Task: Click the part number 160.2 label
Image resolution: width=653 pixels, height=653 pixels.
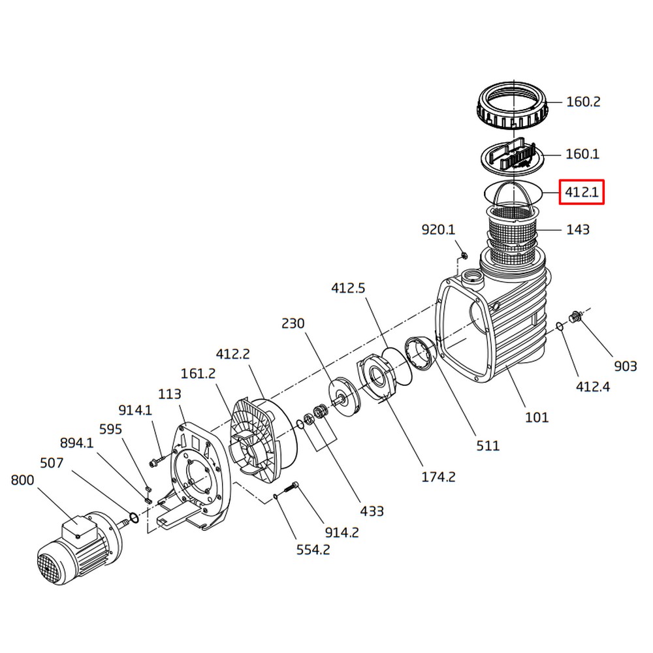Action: tap(582, 102)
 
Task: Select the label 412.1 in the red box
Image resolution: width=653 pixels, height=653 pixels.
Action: tap(581, 193)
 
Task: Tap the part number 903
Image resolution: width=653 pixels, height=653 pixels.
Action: tap(625, 366)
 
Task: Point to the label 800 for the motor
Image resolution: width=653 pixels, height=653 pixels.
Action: tap(23, 481)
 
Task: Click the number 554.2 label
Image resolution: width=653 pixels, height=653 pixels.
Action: tap(313, 550)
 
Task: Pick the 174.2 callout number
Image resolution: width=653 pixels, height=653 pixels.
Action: tap(438, 477)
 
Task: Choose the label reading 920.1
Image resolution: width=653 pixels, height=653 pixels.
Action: tap(438, 229)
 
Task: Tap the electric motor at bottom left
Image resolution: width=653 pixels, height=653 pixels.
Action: tap(75, 549)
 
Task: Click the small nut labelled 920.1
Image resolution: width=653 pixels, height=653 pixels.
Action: tap(463, 254)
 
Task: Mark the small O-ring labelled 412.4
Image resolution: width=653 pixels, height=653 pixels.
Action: tap(560, 326)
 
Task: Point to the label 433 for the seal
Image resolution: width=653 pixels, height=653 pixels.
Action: tap(372, 511)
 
